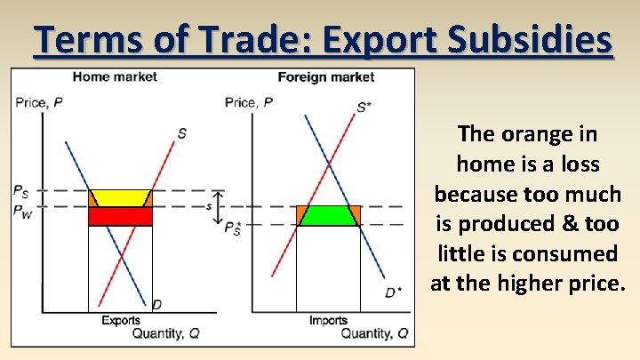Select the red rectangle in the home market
coord(120,216)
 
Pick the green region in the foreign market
coord(328,215)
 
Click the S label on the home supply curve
coord(181,133)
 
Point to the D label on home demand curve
coord(156,305)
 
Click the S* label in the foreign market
coord(364,108)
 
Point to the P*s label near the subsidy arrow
coord(234,228)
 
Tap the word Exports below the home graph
coord(121,320)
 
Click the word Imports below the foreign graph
coord(328,320)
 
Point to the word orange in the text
coord(553,134)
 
